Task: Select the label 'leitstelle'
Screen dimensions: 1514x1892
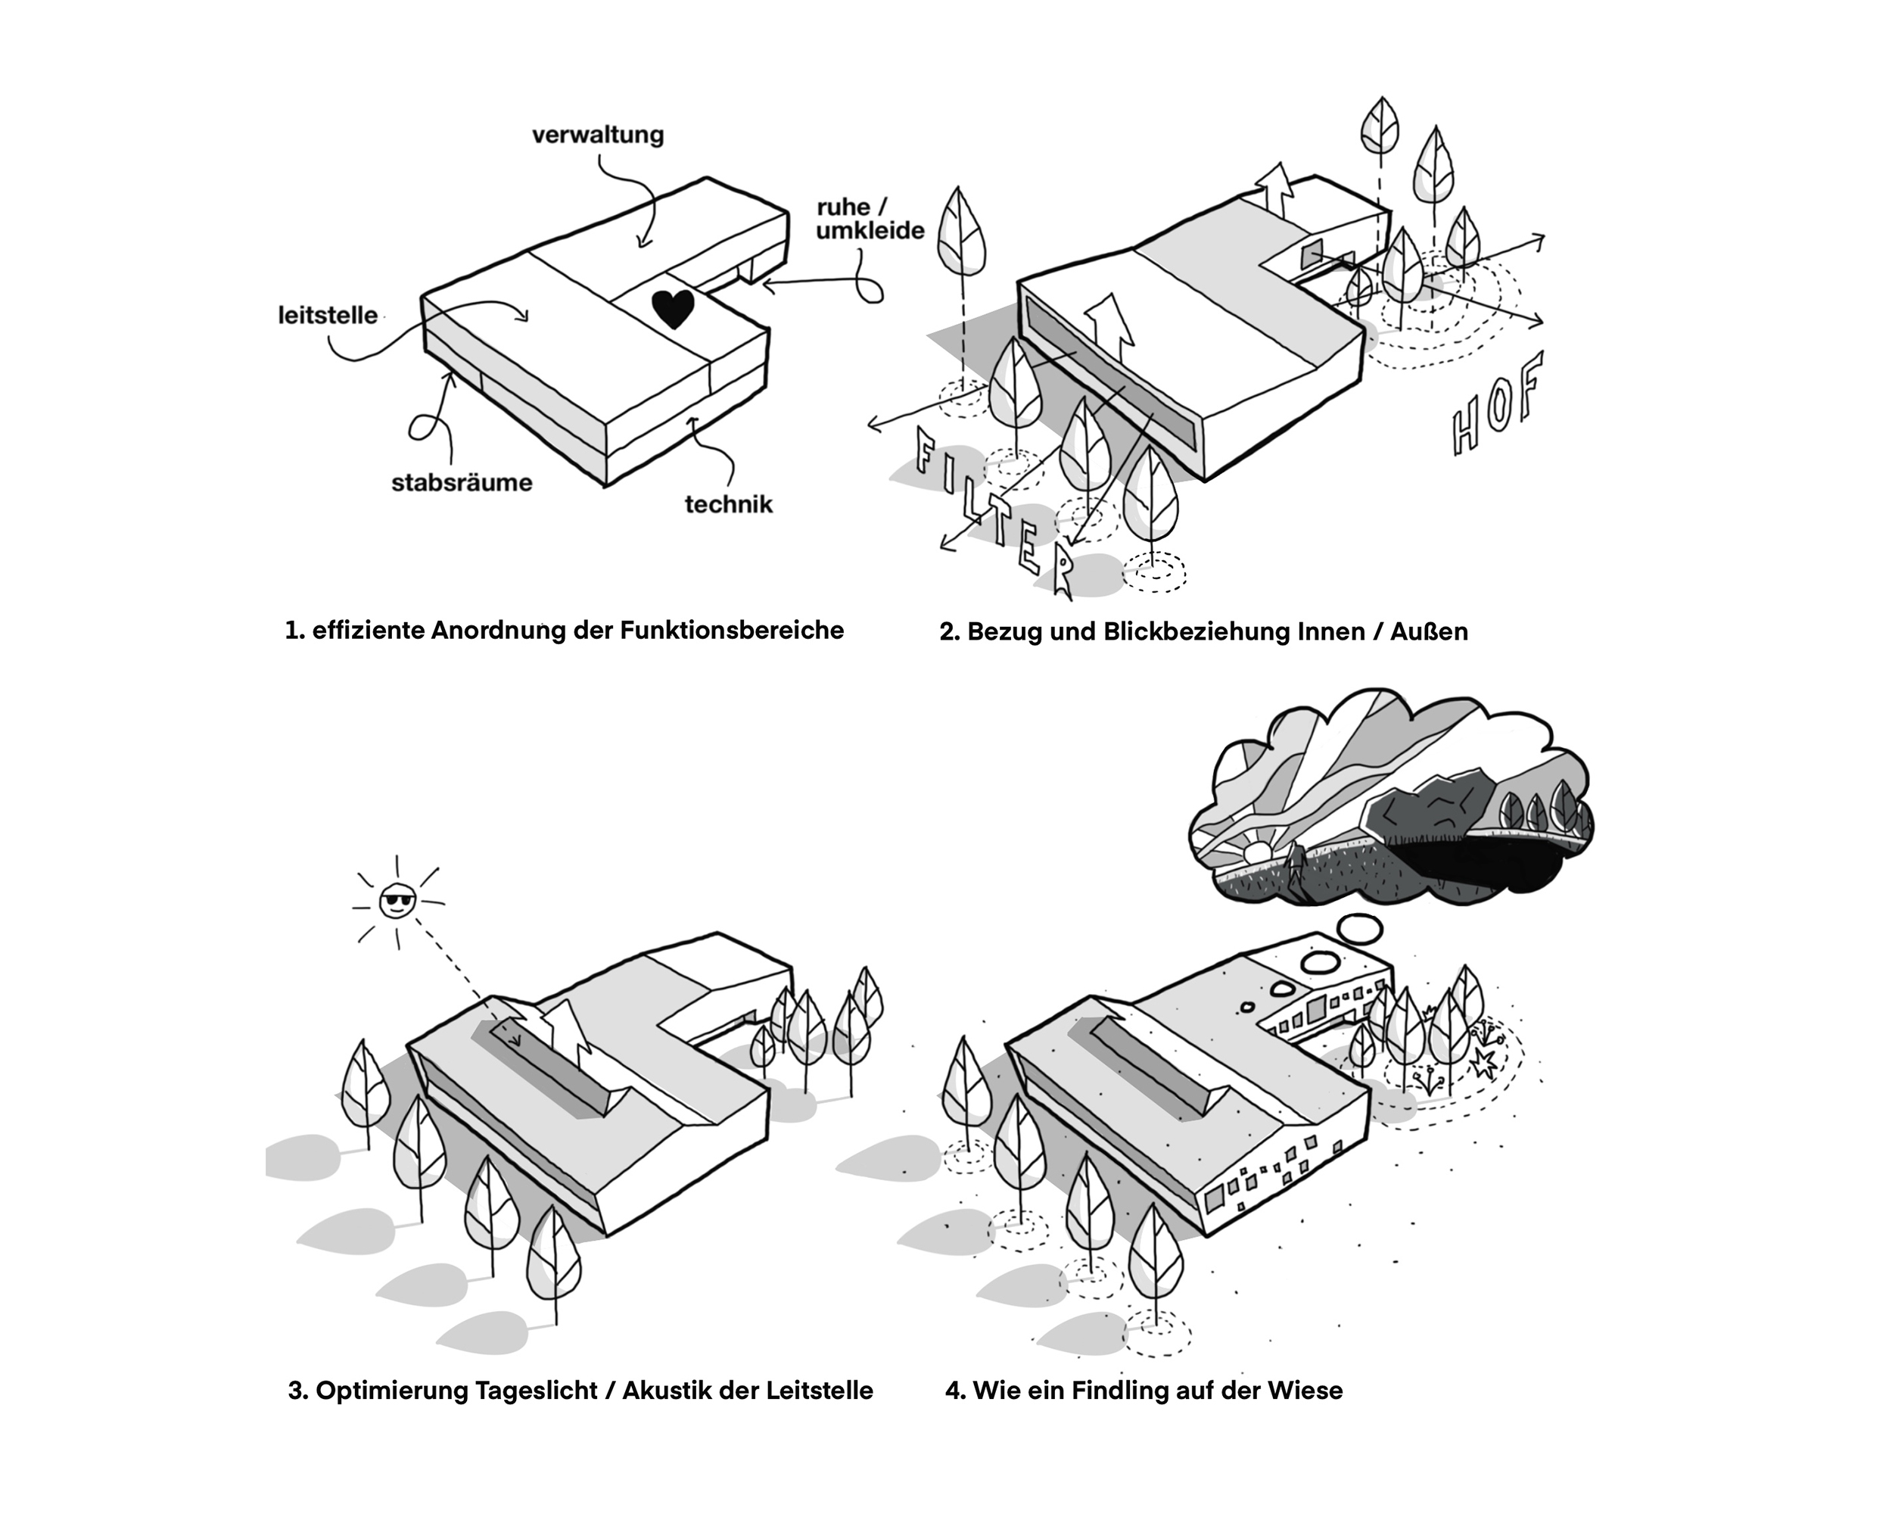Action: tap(328, 315)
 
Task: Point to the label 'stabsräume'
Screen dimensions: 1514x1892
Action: tap(462, 482)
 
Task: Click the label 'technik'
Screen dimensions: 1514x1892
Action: tap(728, 504)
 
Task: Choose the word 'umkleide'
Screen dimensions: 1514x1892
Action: tap(870, 230)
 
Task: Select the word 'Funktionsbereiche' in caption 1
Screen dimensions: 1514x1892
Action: tap(732, 630)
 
